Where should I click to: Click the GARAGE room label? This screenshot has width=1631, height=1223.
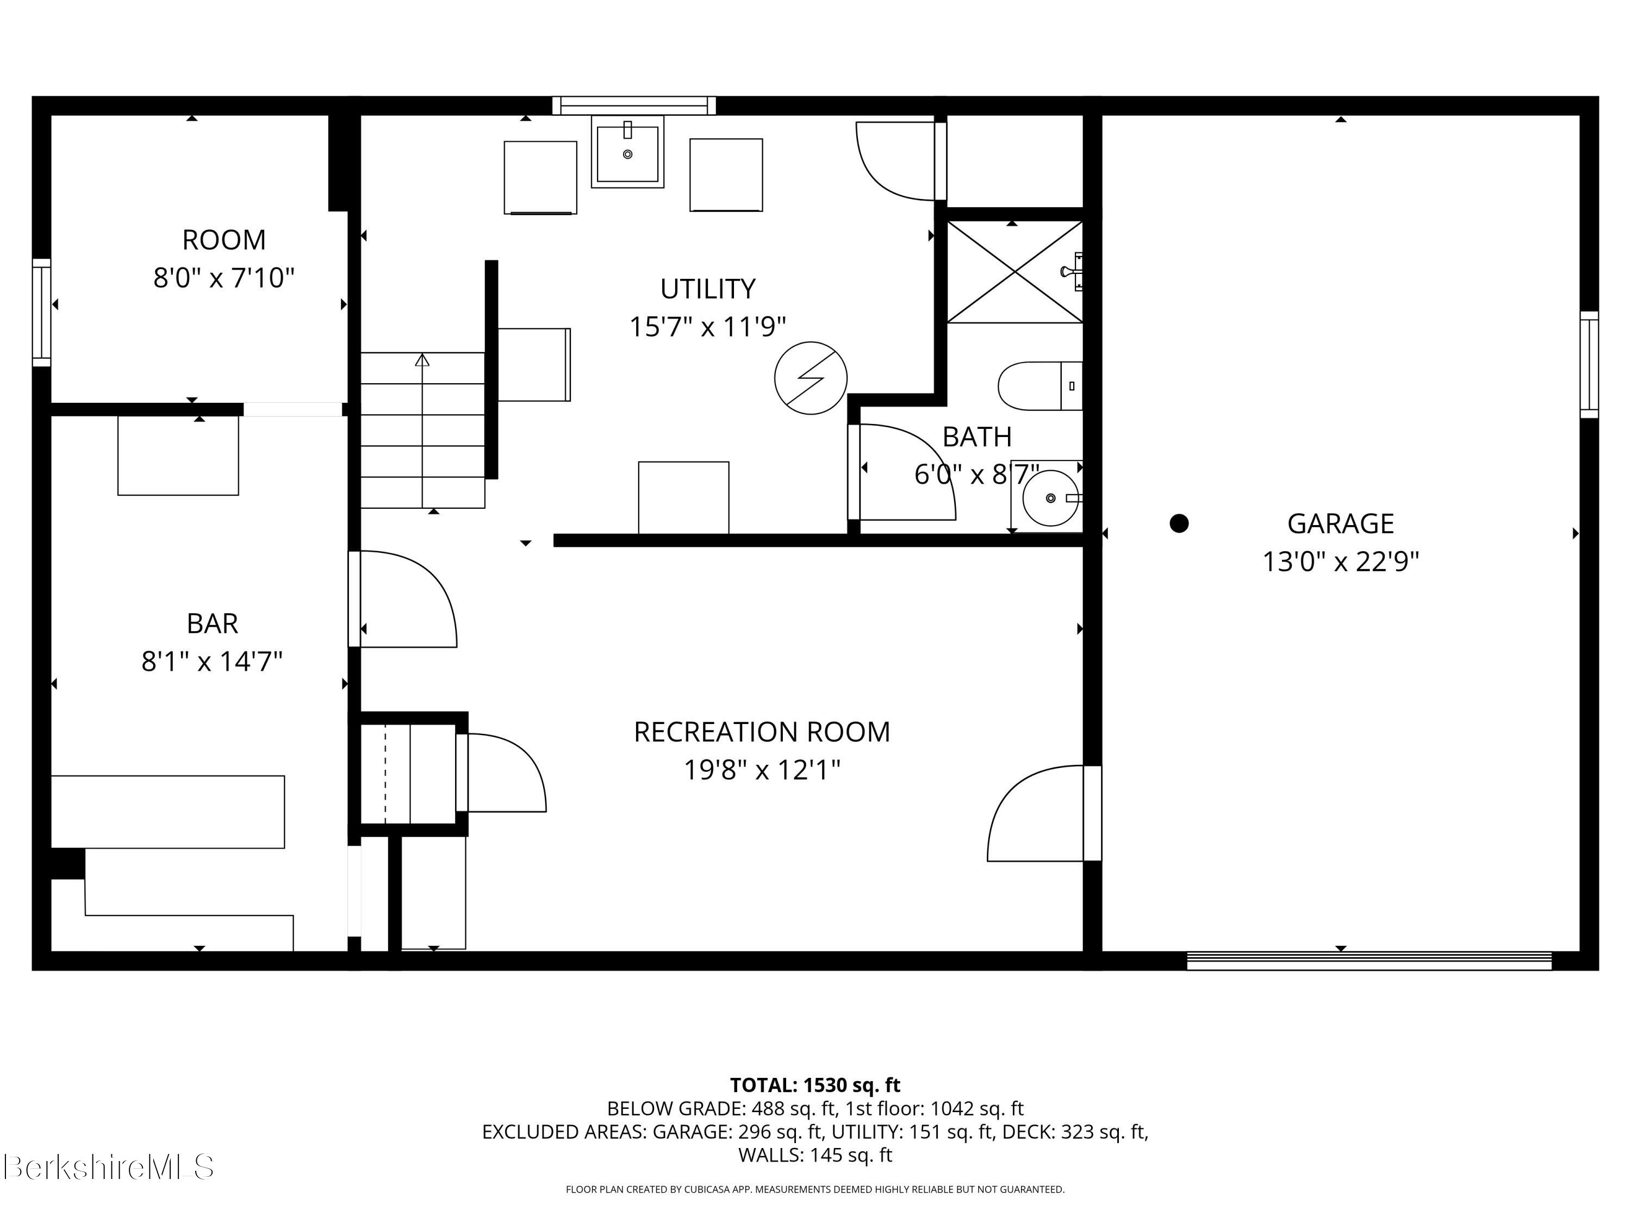(1341, 523)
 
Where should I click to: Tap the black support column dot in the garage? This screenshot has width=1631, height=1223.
(1179, 523)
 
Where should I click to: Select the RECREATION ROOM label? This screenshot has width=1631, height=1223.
(762, 732)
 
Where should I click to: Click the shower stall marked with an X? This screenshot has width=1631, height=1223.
(1014, 272)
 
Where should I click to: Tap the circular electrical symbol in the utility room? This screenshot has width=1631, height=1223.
(811, 378)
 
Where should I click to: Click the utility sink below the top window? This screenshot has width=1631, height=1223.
(627, 152)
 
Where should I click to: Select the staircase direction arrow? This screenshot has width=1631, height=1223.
(422, 430)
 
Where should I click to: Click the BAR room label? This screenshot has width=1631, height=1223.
(213, 623)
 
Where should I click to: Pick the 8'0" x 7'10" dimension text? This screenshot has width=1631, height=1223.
(223, 278)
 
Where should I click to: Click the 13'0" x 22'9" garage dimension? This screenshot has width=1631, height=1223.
(1341, 561)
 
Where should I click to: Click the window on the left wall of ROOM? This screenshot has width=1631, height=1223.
(42, 313)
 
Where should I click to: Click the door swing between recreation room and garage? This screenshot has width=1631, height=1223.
(1035, 813)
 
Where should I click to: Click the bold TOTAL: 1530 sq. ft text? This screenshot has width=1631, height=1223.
(815, 1085)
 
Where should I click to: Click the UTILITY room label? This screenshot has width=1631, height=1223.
(707, 288)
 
